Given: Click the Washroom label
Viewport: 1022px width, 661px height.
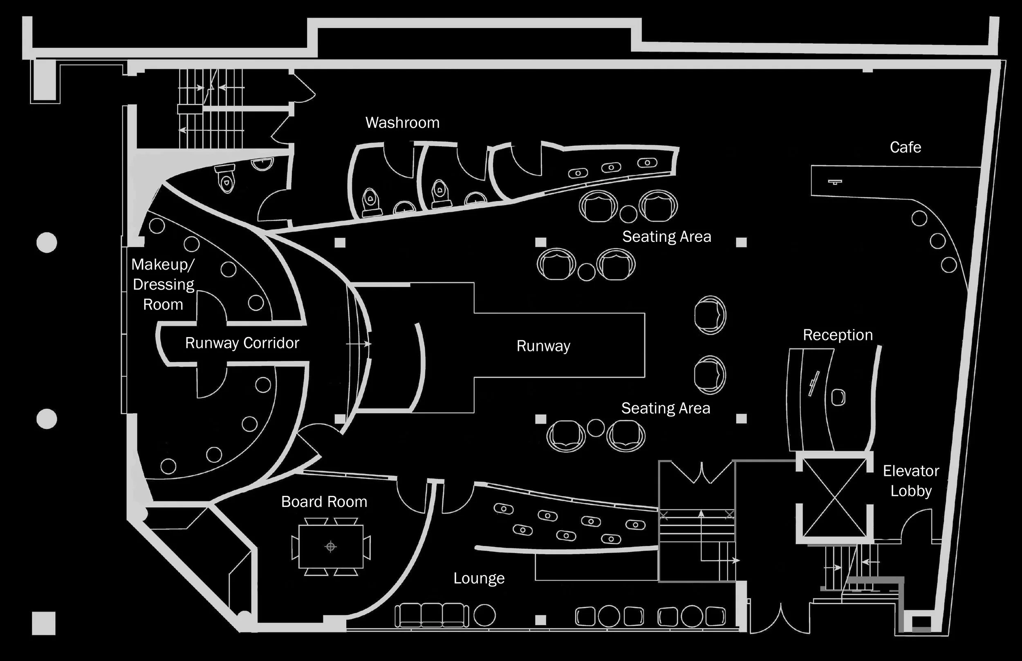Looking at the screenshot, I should tap(402, 123).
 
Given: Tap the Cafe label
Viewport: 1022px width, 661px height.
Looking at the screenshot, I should tap(905, 147).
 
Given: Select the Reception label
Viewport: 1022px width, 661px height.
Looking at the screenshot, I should tap(838, 335).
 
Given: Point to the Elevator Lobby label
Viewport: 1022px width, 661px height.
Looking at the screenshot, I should tap(911, 481).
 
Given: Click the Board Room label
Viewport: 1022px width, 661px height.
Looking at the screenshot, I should tap(324, 502).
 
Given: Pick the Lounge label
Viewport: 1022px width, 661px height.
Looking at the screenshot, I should tap(479, 578).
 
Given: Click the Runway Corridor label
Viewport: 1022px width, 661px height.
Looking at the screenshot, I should tap(242, 343).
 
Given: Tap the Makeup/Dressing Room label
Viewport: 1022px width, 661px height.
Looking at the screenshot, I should tap(163, 284).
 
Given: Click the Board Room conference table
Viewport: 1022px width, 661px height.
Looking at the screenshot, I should tap(331, 546).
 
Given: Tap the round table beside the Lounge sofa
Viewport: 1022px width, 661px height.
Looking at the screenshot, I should tap(484, 615).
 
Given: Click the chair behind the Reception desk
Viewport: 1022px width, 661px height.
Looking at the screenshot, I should tap(838, 397).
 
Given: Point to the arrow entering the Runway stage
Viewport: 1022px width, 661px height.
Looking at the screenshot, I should tap(359, 344).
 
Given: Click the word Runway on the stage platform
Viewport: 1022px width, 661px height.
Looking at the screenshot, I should tap(543, 346).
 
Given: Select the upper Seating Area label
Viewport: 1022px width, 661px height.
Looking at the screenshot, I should tap(666, 237).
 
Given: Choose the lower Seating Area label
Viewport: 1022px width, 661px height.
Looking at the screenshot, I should tap(666, 408).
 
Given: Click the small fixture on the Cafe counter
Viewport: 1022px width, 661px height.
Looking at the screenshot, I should tap(835, 182).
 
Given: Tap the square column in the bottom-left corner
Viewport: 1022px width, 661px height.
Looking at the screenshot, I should tap(44, 623).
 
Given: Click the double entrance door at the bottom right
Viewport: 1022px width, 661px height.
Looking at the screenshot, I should tap(780, 618).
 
